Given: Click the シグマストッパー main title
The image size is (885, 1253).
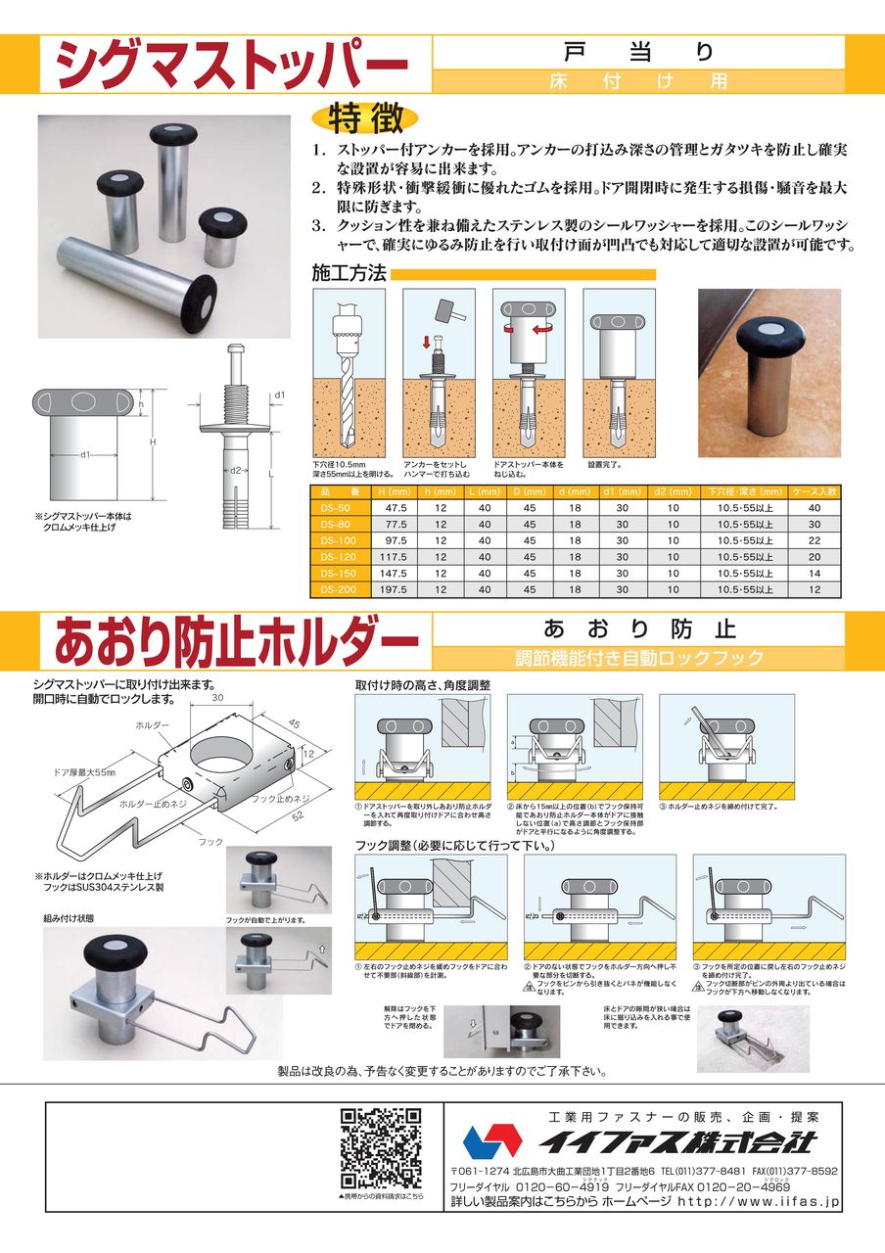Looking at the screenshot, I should point(231,67).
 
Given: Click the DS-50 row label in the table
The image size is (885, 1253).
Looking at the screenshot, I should point(336,507).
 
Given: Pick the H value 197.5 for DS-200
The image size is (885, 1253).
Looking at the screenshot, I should point(396,589).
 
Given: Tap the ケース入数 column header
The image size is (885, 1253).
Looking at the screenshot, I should point(815,490).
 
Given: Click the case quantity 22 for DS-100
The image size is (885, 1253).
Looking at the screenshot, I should point(815,540).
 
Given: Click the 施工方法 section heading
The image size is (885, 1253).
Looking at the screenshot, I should point(348,273).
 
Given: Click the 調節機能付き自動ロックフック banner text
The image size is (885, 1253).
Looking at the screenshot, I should point(638,658).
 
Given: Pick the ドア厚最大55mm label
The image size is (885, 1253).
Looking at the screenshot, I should point(84,773).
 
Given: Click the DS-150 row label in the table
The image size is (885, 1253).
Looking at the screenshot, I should point(336,573).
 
